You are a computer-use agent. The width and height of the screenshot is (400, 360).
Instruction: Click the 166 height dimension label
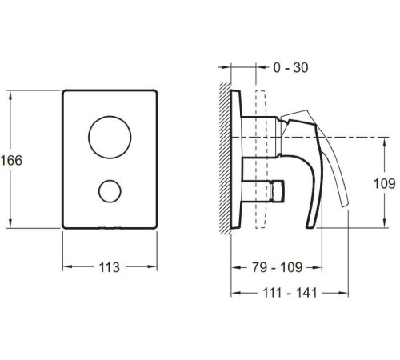11,161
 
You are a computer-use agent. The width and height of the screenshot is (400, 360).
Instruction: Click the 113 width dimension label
110,267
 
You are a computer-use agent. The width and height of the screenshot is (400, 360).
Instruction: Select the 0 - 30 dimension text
290,68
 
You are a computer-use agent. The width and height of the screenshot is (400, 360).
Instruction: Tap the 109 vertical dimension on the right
384,184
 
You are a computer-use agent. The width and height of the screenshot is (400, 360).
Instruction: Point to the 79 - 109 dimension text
278,267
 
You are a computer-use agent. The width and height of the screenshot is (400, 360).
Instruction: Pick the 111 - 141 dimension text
290,293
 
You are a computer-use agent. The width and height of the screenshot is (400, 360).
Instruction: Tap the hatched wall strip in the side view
225,158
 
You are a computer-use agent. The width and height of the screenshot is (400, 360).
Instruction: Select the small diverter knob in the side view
277,190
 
